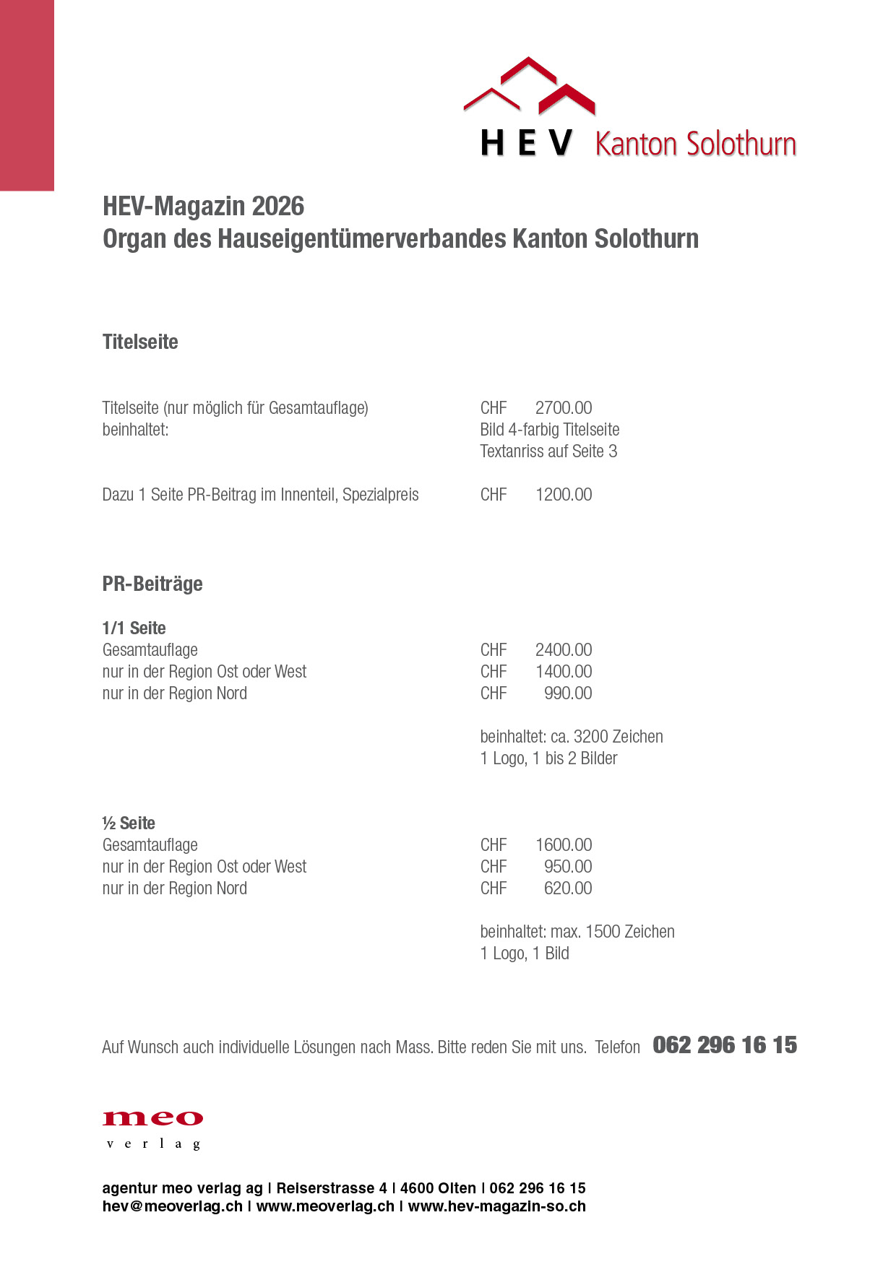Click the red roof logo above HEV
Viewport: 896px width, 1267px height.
[530, 87]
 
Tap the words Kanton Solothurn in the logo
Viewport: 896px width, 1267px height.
[695, 144]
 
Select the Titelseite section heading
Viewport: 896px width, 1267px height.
[140, 342]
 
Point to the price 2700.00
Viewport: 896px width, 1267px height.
[564, 408]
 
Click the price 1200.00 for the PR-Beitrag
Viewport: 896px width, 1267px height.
[564, 495]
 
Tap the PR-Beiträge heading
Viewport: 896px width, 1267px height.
[152, 584]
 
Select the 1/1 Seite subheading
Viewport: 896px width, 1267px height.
[134, 628]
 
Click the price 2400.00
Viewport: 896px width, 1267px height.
[564, 650]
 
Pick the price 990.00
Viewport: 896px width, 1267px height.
[568, 693]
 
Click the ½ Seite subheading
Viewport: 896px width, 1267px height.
[129, 823]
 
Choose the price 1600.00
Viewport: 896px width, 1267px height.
[564, 845]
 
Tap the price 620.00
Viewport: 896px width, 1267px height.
[568, 888]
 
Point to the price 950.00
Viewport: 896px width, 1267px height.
[568, 867]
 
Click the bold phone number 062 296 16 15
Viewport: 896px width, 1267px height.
[725, 1045]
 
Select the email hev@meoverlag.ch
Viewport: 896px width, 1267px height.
[173, 1206]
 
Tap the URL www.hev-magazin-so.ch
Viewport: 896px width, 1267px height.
[497, 1206]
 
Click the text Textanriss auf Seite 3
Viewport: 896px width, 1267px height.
[548, 451]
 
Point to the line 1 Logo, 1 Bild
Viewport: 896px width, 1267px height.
[525, 954]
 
